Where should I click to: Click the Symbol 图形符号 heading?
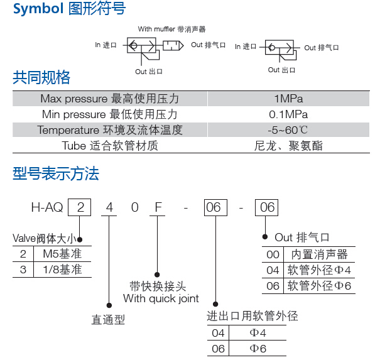69,9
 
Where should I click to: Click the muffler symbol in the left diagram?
173,46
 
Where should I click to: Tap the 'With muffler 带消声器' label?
172,30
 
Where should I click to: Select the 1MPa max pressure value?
288,99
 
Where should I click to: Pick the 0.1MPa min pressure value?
288,114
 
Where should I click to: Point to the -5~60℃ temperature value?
288,130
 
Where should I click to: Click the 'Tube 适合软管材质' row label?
110,146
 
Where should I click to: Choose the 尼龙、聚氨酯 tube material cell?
288,146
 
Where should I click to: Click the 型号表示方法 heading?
56,174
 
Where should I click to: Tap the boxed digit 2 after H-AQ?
80,207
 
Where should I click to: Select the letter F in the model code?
158,207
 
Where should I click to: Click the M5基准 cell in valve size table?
62,254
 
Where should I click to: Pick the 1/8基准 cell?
62,270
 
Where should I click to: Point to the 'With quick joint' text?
161,298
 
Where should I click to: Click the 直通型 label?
108,320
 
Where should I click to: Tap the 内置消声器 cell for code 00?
320,254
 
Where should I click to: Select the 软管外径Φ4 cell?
319,270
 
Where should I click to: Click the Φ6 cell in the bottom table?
258,349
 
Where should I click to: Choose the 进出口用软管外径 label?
252,315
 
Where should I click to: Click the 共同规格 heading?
41,77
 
